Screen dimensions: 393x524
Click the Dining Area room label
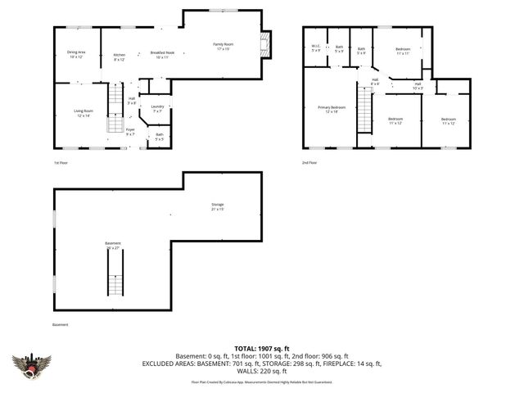tap(77, 55)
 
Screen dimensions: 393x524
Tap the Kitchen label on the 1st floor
tap(120, 57)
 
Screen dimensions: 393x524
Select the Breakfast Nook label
tap(160, 55)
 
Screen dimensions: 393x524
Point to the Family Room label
tap(224, 47)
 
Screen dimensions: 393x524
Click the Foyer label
tap(130, 131)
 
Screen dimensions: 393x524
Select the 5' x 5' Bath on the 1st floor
tap(160, 137)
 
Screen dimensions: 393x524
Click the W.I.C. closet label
tap(316, 48)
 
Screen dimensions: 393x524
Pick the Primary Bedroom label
tap(332, 109)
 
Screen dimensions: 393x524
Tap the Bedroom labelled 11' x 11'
tap(402, 52)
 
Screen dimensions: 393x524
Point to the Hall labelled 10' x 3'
tap(418, 85)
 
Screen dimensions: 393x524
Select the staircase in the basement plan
tap(115, 274)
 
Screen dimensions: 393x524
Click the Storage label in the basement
tap(217, 206)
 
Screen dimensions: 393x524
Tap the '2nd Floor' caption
tap(308, 163)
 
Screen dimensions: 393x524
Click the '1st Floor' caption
tap(61, 163)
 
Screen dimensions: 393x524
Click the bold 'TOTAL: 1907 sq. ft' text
tap(261, 348)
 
